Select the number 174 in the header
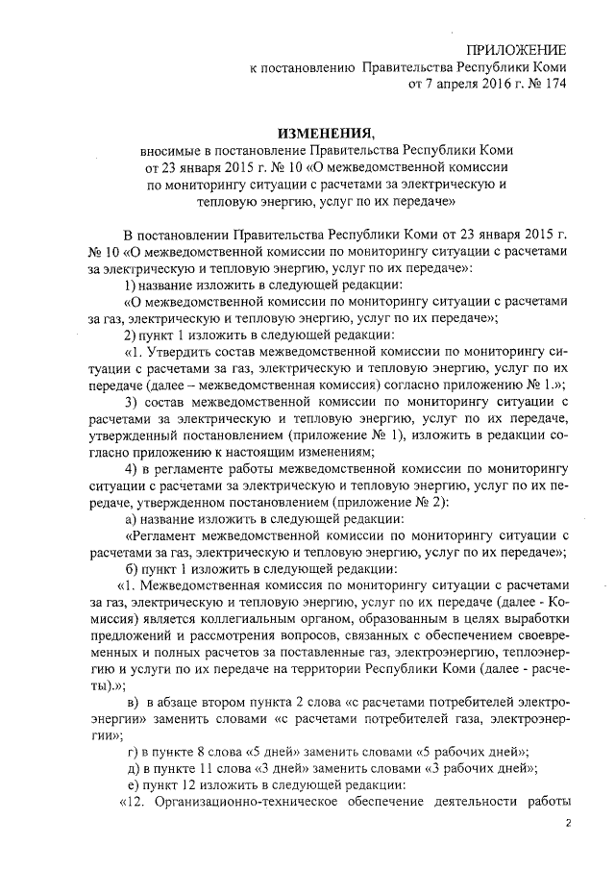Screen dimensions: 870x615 554,84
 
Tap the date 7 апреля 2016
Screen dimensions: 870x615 455,84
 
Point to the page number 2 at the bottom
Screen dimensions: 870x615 568,823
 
